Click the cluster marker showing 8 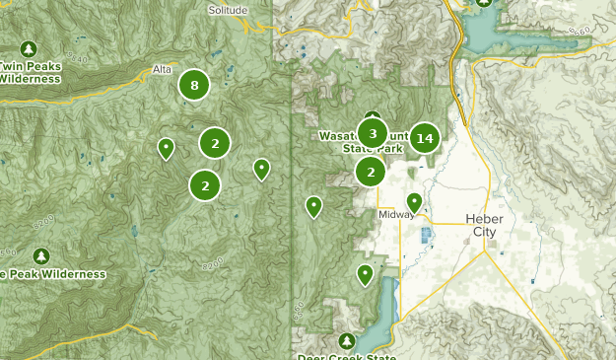click(194, 86)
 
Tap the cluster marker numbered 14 click(425, 138)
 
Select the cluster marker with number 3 click(372, 132)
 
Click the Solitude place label click(229, 9)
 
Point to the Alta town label click(163, 70)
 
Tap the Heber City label click(484, 225)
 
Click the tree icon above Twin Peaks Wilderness click(29, 48)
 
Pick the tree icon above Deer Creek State click(346, 339)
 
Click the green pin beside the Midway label click(415, 202)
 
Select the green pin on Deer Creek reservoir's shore click(366, 274)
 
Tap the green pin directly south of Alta click(167, 148)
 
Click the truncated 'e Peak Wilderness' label click(53, 273)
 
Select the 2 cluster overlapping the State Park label click(371, 172)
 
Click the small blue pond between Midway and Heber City click(427, 236)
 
